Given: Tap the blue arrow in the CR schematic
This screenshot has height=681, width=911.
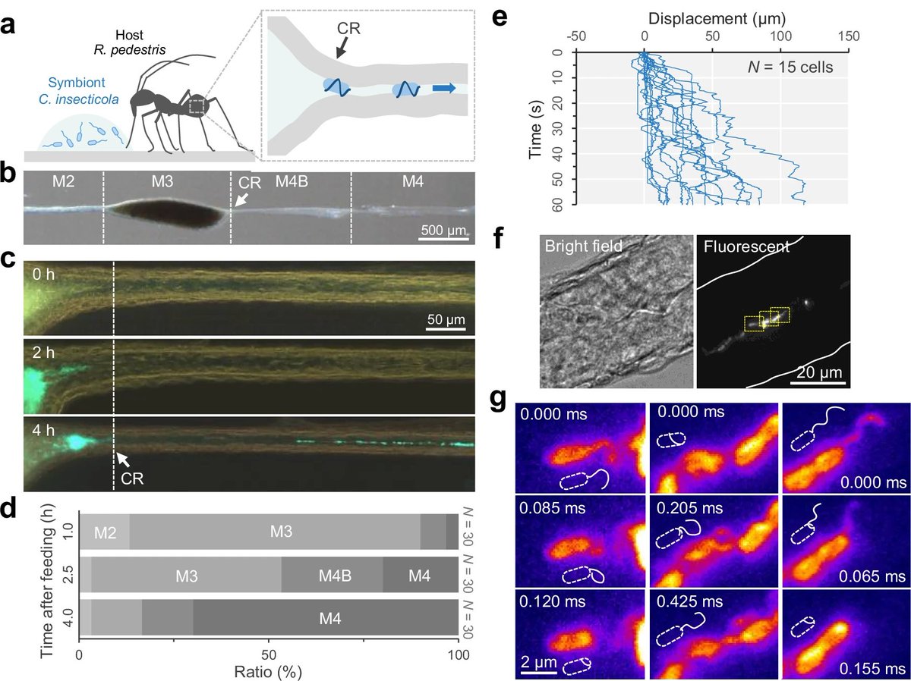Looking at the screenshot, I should click(x=444, y=89).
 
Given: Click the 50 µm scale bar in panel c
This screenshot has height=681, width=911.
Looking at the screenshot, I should click(x=444, y=328).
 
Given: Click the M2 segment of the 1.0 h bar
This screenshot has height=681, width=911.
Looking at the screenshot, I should click(x=106, y=535).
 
